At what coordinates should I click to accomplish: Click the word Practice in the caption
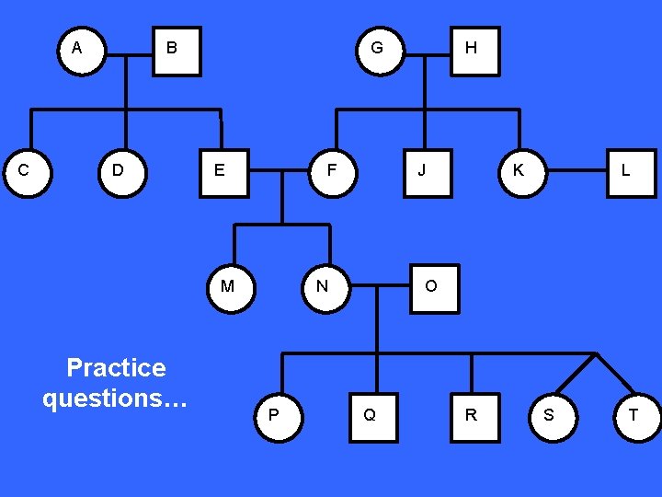pyautogui.click(x=116, y=368)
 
